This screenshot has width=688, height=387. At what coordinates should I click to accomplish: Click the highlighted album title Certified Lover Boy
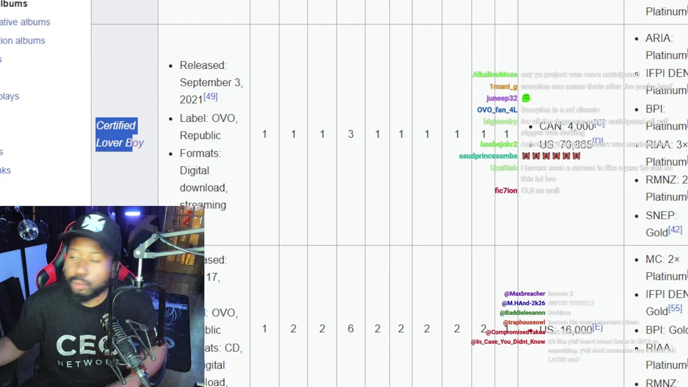119,134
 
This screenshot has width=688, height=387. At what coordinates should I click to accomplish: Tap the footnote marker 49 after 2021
210,97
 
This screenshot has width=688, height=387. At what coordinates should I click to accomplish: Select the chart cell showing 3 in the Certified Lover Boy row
350,134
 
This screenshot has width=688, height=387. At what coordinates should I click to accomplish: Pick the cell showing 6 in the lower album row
350,328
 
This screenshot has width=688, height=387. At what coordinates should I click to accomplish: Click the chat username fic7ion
505,190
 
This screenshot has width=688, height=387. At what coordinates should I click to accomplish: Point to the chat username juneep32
501,98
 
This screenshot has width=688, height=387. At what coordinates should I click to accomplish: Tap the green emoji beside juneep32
526,98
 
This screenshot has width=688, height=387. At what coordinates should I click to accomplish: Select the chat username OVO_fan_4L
497,110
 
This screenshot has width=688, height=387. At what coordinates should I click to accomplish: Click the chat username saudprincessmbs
488,156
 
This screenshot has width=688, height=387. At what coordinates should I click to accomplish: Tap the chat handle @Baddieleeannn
522,312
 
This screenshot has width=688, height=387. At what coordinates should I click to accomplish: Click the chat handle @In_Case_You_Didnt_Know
507,341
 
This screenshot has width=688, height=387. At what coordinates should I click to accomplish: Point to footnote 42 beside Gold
675,230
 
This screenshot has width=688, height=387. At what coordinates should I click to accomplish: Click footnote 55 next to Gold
675,309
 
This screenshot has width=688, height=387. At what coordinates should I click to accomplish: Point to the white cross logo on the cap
93,223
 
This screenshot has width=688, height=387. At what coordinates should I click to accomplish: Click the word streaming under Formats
203,205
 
